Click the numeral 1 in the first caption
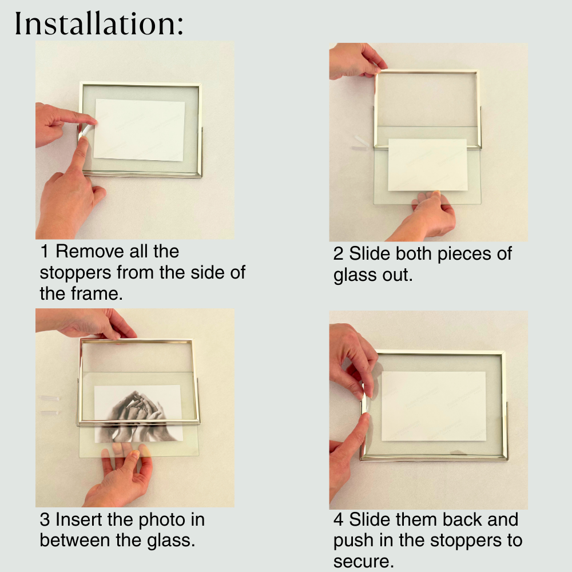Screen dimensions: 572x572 (44, 251)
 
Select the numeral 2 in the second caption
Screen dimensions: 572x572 (338, 254)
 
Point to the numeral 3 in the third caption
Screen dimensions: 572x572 (45, 520)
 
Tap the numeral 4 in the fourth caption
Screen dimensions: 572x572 (339, 520)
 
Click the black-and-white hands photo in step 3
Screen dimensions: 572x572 (138, 414)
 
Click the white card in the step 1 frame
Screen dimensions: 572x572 (139, 130)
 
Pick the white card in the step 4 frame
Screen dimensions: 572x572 (434, 406)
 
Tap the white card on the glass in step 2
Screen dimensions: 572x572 (427, 165)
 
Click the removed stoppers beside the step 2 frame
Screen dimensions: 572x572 (361, 144)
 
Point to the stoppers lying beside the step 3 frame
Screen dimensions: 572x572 (50, 406)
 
